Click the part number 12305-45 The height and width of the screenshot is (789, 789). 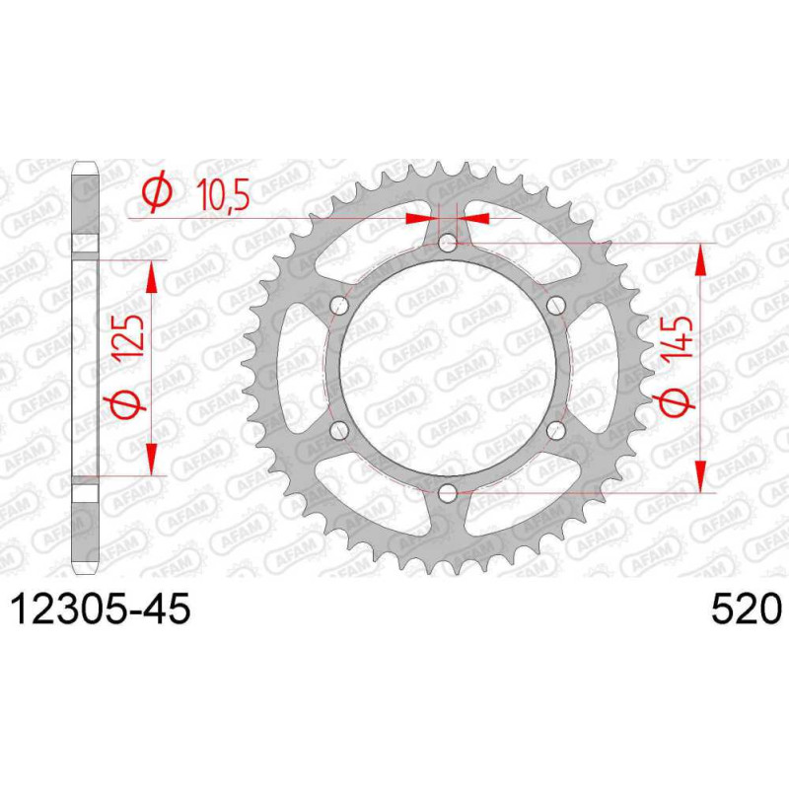[x=101, y=609]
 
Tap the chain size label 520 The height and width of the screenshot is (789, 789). [x=747, y=609]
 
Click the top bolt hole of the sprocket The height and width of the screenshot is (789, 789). [x=447, y=244]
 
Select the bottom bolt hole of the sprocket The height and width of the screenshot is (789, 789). [x=447, y=493]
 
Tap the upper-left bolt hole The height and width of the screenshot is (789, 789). [x=339, y=306]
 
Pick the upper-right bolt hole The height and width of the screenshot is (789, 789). [x=555, y=306]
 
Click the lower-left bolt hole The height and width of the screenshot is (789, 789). [x=339, y=430]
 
